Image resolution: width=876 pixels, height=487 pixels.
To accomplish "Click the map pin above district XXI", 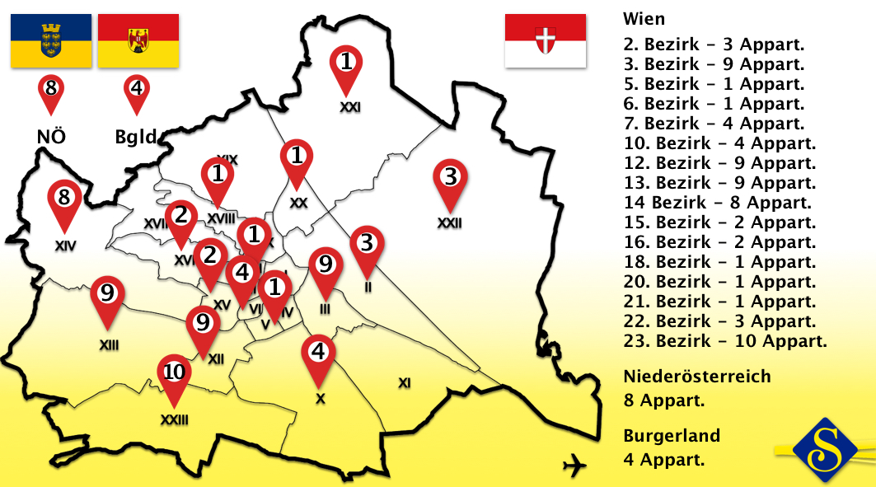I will coord(347,66).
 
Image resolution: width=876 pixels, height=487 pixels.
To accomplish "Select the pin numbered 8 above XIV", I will coord(64,202).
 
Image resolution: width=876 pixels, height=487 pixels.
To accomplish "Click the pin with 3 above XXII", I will coord(450,181).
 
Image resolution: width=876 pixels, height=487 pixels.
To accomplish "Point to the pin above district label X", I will coord(319,357).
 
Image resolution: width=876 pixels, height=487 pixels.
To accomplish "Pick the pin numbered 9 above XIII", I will coord(107,297).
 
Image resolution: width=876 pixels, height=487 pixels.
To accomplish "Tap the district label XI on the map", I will coord(404,382).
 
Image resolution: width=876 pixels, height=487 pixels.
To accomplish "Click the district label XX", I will coord(298,202).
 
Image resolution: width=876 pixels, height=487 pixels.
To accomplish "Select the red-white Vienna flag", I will coord(545,40).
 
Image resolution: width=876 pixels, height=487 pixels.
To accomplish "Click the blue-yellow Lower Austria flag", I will coord(51,40).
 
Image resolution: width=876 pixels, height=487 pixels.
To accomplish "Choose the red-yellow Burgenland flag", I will coord(138,40).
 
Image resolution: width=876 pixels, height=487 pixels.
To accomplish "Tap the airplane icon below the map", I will coord(574,467).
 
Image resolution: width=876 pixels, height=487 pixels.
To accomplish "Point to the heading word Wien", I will coord(644,19).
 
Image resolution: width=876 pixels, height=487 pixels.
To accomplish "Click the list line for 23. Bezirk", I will coord(725,341).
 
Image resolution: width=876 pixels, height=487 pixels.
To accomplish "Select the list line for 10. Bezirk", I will coord(720,143).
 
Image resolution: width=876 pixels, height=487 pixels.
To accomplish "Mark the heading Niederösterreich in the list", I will coord(697,377).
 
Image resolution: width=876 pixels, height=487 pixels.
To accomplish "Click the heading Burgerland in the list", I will coord(672,436).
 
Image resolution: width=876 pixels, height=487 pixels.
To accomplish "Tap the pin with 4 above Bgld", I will coord(137,91).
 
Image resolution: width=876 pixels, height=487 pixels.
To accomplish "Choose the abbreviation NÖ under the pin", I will coord(51,136).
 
